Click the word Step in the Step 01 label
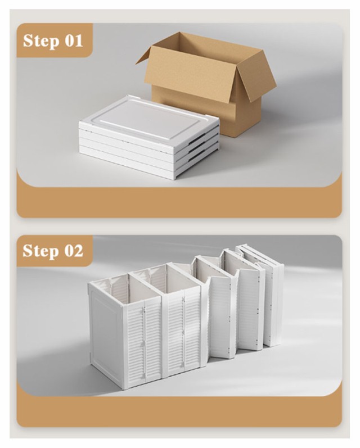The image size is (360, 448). [x=41, y=41]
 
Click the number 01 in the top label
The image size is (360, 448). [x=74, y=40]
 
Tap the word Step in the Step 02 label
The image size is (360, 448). [x=40, y=251]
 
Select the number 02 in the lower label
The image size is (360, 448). [x=74, y=251]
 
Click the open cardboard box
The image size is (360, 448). [x=206, y=83]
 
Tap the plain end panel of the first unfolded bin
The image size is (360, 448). [x=106, y=329]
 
